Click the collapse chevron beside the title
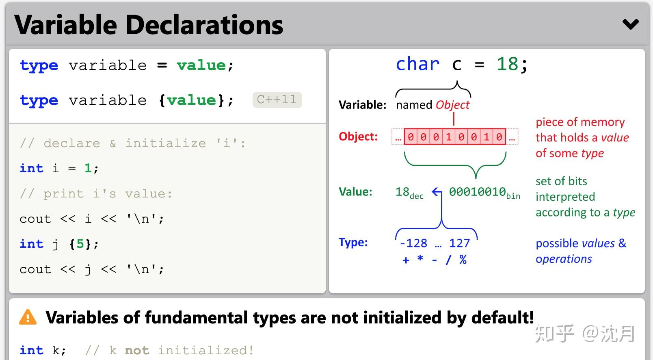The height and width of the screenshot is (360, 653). [631, 24]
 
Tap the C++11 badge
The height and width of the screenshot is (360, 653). [277, 100]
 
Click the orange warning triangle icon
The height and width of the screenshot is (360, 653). [28, 317]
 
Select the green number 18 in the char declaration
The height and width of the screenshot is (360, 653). [507, 64]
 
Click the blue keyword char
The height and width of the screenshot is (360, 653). [417, 64]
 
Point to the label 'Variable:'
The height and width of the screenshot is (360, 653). [362, 105]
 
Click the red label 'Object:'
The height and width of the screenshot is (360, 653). [358, 136]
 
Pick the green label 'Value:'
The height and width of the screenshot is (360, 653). [355, 192]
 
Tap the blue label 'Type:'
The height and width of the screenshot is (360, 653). [353, 242]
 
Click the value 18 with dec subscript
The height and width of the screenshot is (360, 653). [409, 193]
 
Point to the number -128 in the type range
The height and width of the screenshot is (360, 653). [413, 243]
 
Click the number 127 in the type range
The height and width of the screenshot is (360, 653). [459, 243]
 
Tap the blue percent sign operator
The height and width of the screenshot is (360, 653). [463, 259]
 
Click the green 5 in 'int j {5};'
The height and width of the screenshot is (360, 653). [80, 244]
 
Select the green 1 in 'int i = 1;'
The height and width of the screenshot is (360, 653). [88, 168]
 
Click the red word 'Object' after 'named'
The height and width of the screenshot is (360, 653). [452, 105]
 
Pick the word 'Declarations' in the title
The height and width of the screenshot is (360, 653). [204, 25]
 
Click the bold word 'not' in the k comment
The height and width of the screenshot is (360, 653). [137, 350]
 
